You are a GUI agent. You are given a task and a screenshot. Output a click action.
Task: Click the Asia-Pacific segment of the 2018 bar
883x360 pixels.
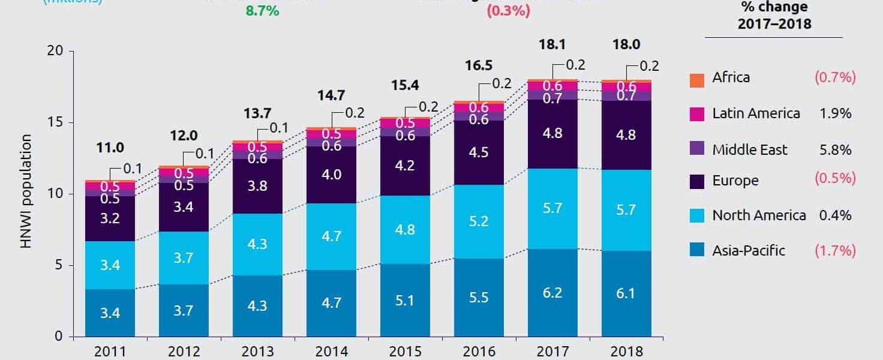click(x=626, y=293)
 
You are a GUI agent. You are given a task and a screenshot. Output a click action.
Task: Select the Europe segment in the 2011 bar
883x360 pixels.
click(x=110, y=218)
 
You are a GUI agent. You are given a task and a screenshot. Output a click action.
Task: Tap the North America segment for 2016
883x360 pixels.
click(x=479, y=221)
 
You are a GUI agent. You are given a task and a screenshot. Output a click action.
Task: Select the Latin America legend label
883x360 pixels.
click(x=756, y=113)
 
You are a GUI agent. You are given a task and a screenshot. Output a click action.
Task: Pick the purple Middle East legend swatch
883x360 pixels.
click(x=696, y=151)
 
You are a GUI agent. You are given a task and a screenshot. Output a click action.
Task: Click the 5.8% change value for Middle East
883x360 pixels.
click(x=835, y=149)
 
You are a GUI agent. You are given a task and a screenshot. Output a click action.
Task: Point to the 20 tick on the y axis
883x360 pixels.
click(x=56, y=51)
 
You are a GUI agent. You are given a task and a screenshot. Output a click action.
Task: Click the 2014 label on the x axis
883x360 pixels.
click(x=331, y=352)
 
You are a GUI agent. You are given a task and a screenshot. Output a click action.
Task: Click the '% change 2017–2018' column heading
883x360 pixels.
click(x=774, y=16)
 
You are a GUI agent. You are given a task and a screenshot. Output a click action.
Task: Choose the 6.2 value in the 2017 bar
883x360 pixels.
click(x=552, y=293)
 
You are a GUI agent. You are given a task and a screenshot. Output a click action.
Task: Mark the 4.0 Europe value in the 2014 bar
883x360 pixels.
click(x=331, y=175)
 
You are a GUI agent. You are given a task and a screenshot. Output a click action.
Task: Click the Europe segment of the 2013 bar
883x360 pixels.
click(x=257, y=186)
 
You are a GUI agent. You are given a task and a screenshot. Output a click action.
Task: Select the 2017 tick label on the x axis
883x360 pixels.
click(x=552, y=352)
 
